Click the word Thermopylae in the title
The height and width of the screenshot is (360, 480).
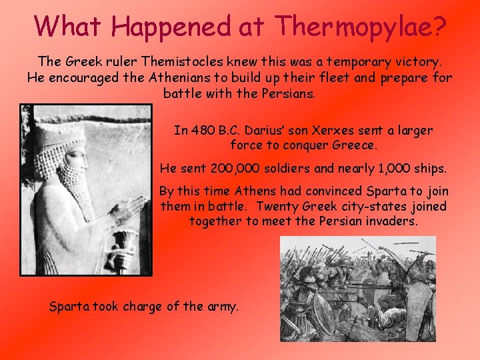[x=360, y=27]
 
